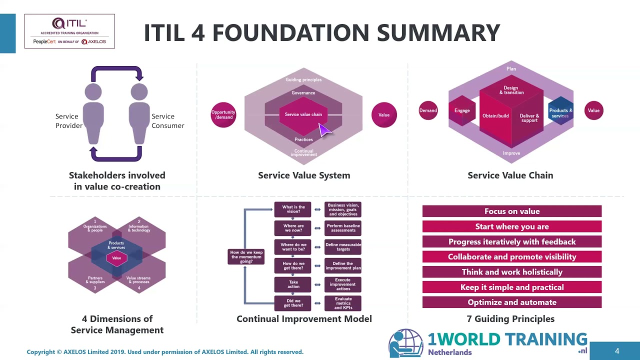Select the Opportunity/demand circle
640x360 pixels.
click(223, 114)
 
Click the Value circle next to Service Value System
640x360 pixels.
click(384, 114)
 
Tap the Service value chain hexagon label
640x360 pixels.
click(303, 114)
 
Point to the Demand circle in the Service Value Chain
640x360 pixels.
click(428, 110)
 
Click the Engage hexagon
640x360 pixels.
click(462, 110)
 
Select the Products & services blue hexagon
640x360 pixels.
click(560, 112)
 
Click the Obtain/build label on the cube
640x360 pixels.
click(495, 116)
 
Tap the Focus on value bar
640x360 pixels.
click(511, 211)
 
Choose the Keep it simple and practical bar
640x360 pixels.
click(511, 287)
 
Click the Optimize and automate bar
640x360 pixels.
click(511, 302)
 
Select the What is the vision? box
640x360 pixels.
click(293, 209)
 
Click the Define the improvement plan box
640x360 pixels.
click(343, 266)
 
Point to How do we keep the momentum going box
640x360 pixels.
click(246, 256)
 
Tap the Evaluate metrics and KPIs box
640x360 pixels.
click(343, 303)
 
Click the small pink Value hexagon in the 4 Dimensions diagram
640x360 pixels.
click(116, 258)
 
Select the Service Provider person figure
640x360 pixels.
click(93, 114)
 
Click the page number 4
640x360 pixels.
click(616, 351)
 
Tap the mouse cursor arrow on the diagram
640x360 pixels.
click(324, 130)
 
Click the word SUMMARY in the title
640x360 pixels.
click(438, 32)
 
